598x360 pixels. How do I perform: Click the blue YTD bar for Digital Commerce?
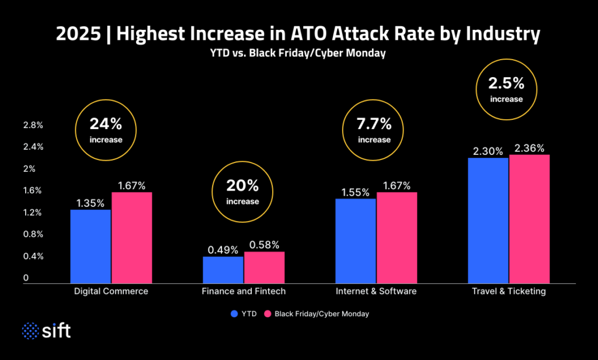pyautogui.click(x=91, y=246)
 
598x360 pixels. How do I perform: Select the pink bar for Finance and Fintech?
pyautogui.click(x=264, y=268)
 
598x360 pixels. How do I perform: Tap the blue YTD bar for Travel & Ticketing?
pyautogui.click(x=488, y=220)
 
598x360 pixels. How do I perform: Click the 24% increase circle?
pyautogui.click(x=106, y=130)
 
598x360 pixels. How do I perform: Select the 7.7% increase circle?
pyautogui.click(x=374, y=130)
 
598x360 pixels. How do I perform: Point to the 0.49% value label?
pyautogui.click(x=223, y=250)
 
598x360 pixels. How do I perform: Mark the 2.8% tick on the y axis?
pyautogui.click(x=33, y=125)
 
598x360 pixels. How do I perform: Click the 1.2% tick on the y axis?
pyautogui.click(x=33, y=213)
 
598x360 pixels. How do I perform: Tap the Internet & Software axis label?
pyautogui.click(x=376, y=291)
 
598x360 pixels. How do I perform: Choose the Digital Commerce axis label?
pyautogui.click(x=112, y=291)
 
